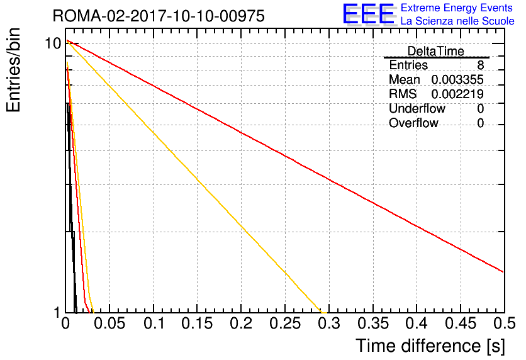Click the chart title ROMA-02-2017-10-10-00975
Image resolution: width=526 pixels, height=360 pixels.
tap(159, 16)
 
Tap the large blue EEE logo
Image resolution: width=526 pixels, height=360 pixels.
tap(368, 14)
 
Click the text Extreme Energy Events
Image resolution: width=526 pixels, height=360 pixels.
tap(457, 8)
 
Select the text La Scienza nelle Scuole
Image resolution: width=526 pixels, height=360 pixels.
tap(457, 21)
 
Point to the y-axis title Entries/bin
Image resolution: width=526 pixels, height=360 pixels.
tap(13, 70)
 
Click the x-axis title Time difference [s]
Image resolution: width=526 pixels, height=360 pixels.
tap(430, 346)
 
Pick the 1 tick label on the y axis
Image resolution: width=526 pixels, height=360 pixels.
tap(57, 312)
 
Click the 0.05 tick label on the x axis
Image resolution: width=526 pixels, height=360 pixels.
tap(109, 323)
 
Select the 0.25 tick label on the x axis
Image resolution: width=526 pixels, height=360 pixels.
tap(285, 323)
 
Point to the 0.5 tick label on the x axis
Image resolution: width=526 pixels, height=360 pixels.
tap(504, 323)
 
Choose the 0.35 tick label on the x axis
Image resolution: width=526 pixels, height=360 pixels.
tap(373, 323)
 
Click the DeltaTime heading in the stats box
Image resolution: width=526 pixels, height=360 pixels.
tap(436, 52)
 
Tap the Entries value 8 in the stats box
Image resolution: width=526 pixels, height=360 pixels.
tap(480, 65)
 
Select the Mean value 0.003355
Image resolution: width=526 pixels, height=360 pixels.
tap(457, 80)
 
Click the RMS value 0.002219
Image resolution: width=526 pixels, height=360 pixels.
tap(457, 94)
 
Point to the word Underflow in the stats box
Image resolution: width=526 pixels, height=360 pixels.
tap(417, 108)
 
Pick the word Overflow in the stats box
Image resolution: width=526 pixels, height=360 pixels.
tap(413, 123)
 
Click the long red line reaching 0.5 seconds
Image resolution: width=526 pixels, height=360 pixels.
tap(285, 156)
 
